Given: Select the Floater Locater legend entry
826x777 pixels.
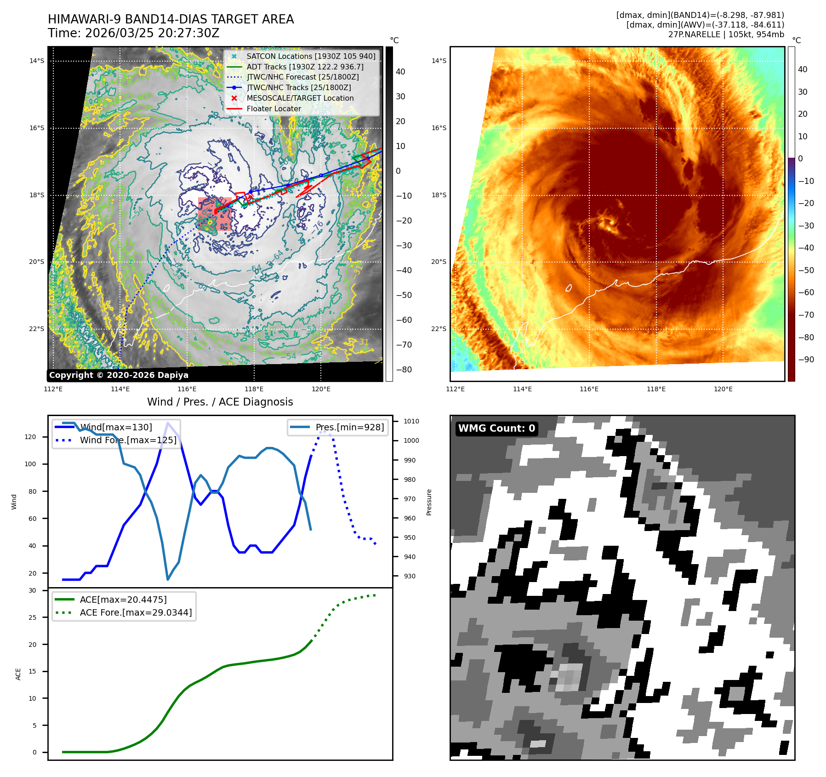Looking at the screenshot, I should (x=274, y=109).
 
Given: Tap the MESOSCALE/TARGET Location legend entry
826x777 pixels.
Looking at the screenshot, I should (x=300, y=98).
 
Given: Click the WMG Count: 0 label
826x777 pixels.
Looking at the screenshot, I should (x=496, y=428).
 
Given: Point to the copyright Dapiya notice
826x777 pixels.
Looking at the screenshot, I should (x=119, y=375).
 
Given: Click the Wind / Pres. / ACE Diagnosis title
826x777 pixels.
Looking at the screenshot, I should (x=220, y=402).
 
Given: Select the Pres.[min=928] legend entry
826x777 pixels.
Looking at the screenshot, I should (x=349, y=428).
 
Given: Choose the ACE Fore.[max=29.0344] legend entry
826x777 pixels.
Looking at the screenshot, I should (x=136, y=612).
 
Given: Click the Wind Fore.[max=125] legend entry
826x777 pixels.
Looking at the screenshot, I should (x=128, y=440).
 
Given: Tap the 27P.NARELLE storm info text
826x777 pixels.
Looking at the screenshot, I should (x=726, y=34).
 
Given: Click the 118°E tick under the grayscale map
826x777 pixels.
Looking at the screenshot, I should (x=254, y=389).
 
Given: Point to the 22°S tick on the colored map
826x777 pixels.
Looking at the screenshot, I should (x=439, y=329).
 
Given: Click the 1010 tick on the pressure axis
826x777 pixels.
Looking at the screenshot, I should (x=411, y=421).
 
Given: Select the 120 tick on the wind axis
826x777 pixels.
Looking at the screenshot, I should (x=30, y=437).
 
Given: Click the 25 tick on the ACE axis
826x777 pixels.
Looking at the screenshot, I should (x=32, y=617).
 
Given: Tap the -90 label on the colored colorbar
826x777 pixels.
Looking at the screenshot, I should (x=806, y=360).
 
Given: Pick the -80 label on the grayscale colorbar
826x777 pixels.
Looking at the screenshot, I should (x=404, y=370).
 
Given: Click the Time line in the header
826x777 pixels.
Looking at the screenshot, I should (x=133, y=34).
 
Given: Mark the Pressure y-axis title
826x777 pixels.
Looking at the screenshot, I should (x=429, y=502).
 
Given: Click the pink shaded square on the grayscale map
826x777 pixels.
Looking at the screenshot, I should (x=215, y=214).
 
